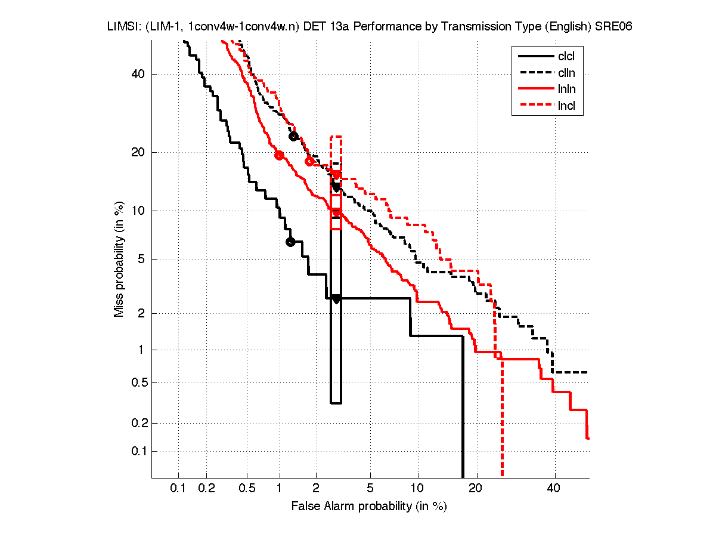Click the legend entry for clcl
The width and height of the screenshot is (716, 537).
click(566, 57)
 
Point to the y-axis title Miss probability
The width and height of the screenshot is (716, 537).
click(119, 259)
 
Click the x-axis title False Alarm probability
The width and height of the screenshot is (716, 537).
click(369, 507)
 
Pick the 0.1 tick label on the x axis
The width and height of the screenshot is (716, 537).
click(178, 489)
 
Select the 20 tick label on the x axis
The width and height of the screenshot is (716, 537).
click(475, 489)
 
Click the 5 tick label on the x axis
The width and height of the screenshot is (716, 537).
click(370, 489)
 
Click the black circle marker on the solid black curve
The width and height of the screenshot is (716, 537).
click(290, 242)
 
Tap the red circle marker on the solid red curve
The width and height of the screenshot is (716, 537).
click(279, 155)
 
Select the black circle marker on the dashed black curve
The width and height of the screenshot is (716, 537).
click(293, 137)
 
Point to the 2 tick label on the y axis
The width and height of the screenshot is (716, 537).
click(141, 313)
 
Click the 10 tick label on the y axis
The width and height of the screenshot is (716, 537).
click(139, 211)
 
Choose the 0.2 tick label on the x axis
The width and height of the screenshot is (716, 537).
click(207, 489)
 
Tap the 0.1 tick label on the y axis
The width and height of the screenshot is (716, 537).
click(138, 451)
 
